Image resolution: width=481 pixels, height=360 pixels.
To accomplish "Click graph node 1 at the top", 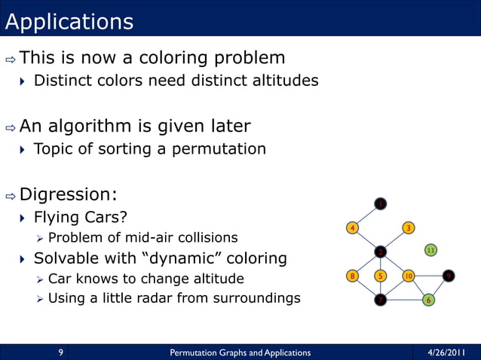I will [381, 203].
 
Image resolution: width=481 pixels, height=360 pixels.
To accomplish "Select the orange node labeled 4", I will [352, 227].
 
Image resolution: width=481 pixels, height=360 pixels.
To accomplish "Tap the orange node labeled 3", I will [408, 227].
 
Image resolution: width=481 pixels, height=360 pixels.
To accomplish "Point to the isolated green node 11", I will [430, 249].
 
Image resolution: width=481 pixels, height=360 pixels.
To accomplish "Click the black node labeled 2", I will [381, 251].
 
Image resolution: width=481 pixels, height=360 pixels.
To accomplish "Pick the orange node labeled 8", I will [352, 276].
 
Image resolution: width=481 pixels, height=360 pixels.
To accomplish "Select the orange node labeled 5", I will [381, 276].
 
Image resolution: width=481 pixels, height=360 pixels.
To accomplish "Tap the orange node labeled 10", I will [408, 276].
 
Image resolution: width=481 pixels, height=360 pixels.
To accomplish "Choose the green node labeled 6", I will [429, 300].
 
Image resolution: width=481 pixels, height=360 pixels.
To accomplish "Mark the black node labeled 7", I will [381, 300].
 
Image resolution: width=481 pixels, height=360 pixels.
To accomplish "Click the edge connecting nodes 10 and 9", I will [428, 276].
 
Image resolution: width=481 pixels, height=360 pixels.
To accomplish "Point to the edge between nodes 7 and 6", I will [405, 300].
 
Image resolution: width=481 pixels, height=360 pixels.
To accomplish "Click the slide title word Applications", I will [69, 22].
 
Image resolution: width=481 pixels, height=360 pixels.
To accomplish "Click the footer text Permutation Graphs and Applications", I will [240, 352].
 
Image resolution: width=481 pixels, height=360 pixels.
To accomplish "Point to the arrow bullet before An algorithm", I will [10, 127].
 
